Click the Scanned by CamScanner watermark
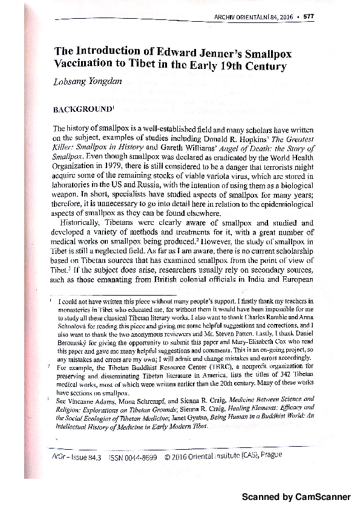(296, 497)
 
